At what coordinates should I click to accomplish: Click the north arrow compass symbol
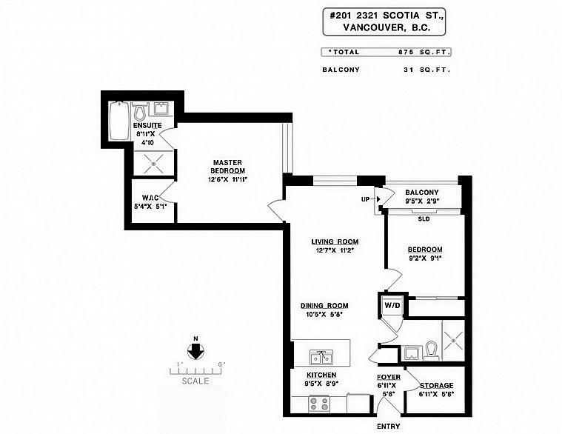(195, 351)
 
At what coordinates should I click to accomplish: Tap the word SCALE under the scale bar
(195, 381)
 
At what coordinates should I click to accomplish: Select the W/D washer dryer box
(392, 306)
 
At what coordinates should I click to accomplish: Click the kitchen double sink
(321, 357)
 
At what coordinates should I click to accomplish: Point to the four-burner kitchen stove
(318, 404)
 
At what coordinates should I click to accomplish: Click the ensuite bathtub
(119, 121)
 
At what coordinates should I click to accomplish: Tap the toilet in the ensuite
(138, 112)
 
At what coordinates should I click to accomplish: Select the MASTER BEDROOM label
(227, 167)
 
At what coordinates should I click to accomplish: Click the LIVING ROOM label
(335, 242)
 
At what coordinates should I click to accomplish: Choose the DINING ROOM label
(324, 306)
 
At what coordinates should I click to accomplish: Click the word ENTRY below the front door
(389, 427)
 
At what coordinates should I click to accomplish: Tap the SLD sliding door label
(424, 218)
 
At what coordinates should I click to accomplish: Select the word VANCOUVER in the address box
(371, 27)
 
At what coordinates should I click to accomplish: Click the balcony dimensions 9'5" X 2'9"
(422, 201)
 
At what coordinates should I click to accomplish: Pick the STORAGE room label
(437, 386)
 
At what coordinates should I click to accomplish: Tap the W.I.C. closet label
(150, 198)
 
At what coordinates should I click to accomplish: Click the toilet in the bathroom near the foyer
(431, 350)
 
